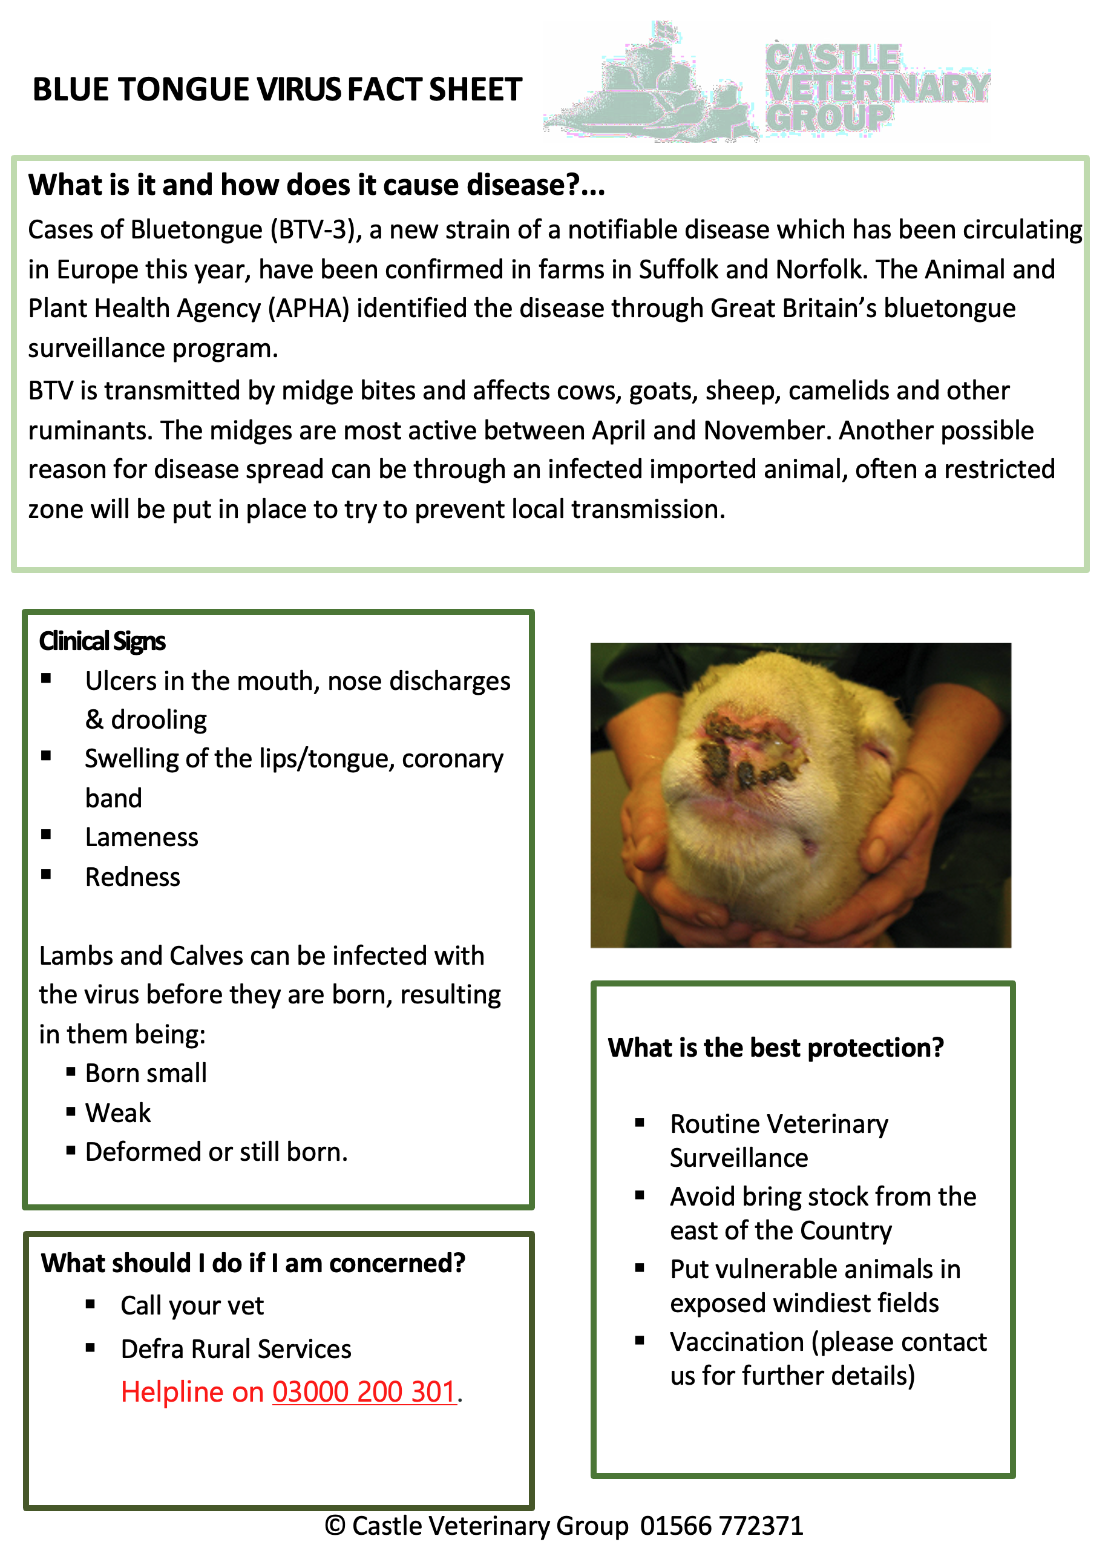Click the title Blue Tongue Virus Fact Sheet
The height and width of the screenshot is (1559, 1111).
(277, 90)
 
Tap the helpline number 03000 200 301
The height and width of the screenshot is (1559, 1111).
(364, 1392)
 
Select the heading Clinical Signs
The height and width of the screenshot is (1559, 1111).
(102, 642)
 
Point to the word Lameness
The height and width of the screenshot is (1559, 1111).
(142, 838)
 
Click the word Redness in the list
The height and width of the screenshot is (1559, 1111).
(133, 878)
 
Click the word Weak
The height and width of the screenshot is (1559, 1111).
(117, 1114)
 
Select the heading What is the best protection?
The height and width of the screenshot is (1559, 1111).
(776, 1048)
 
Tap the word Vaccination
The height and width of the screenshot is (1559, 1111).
(737, 1342)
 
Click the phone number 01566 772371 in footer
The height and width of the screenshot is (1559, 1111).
(722, 1526)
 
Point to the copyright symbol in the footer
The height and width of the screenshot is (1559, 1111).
(335, 1526)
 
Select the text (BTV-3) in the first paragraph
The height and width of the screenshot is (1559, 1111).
(316, 231)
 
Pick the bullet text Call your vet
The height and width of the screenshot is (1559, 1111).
(192, 1306)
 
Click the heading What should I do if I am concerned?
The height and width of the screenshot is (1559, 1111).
(253, 1264)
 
